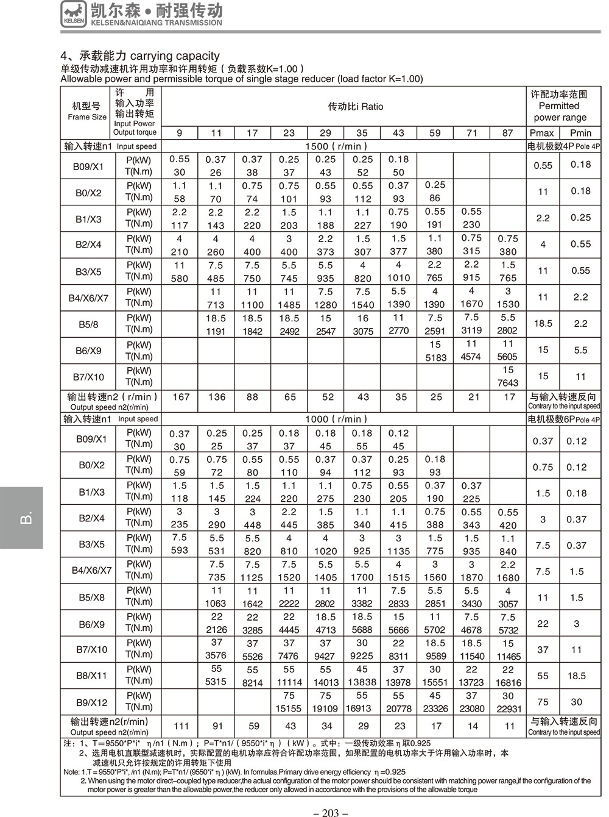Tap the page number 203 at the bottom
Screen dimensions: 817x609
coord(329,812)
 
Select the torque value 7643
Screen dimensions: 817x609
coord(508,383)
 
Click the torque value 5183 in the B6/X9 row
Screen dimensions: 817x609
coord(435,357)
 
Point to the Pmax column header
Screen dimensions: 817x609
coord(542,133)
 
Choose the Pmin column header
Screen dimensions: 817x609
coord(580,133)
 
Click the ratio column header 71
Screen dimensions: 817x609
coord(471,133)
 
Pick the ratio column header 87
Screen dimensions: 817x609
coord(508,133)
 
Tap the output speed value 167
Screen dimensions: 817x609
coord(181,397)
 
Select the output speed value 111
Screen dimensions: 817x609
coord(181,726)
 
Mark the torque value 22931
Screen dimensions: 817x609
coord(509,708)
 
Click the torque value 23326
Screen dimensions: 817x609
coord(435,708)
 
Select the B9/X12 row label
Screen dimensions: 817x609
coord(92,702)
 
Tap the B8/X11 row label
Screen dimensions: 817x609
coord(92,676)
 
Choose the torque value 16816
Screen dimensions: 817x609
coord(509,682)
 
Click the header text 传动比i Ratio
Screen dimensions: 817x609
coord(356,107)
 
